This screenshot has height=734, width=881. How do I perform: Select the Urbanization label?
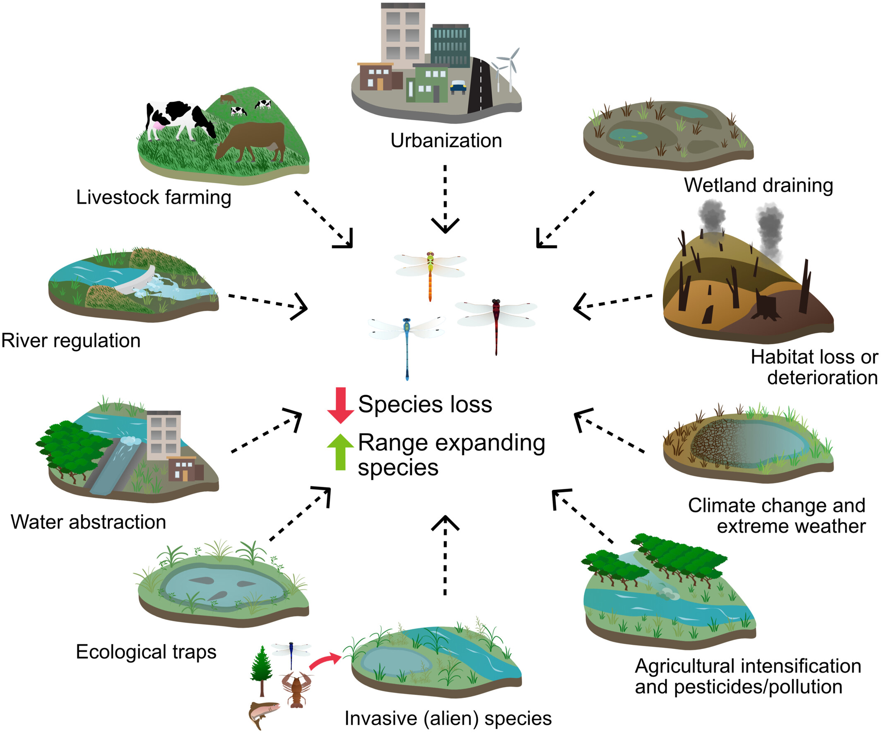[446, 140]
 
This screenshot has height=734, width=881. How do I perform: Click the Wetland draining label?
[758, 185]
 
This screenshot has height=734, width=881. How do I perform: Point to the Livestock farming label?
[154, 197]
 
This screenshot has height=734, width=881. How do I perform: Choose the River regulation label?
[71, 340]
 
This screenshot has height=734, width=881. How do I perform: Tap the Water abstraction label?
[89, 522]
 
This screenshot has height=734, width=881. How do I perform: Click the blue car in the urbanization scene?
[458, 87]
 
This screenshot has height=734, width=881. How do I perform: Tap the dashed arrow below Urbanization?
[445, 199]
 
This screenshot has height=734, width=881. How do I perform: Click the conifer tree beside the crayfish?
[262, 671]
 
